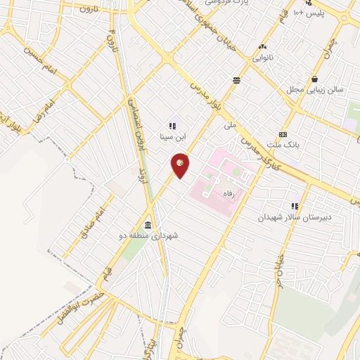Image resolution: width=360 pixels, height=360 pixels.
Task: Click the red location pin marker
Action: point(181,165)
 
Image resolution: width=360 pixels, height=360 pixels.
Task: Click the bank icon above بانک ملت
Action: point(283,134)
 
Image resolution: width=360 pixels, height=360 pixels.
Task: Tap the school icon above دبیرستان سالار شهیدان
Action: point(295,207)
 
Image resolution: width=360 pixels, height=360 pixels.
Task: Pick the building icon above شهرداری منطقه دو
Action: point(148,225)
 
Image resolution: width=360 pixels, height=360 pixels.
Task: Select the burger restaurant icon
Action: point(236,80)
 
